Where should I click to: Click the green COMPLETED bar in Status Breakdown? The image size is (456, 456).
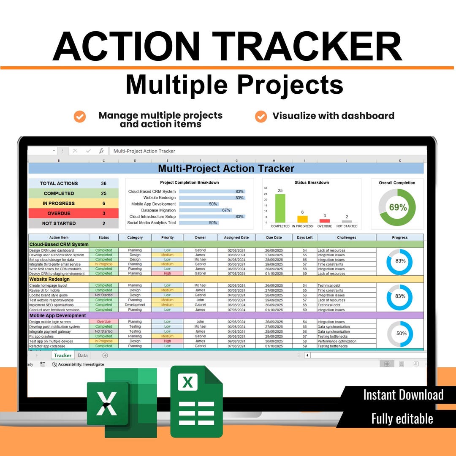coord(280,208)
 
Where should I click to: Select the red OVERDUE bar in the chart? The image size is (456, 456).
coord(324,220)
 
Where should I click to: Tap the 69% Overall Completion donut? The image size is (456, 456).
coord(397,207)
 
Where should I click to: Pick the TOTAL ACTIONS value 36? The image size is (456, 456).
coord(103,183)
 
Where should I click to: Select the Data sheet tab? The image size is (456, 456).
coord(83,356)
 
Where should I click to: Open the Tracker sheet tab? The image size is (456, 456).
coord(62,356)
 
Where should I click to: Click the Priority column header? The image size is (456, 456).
coord(167,238)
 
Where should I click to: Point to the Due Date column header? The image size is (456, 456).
coord(274,238)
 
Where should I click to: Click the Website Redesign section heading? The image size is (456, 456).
coord(49,279)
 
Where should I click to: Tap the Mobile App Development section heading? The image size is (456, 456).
coord(57,315)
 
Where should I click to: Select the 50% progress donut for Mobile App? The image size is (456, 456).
coord(400,334)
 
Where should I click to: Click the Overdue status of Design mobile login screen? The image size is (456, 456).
coord(103,322)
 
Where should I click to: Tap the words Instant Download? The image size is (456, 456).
coord(403,395)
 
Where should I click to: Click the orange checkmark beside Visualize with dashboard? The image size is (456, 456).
coord(261,116)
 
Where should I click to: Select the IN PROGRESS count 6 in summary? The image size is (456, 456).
coord(103,204)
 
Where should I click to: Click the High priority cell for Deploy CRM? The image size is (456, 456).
coord(167,274)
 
